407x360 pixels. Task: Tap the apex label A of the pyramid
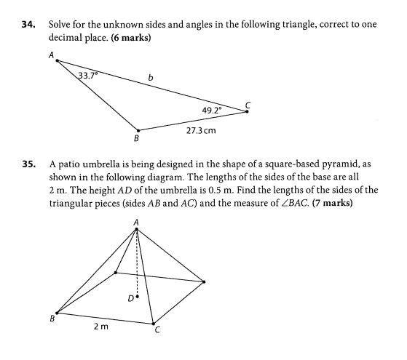137,222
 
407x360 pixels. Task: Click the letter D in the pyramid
129,297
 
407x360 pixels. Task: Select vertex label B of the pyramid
52,318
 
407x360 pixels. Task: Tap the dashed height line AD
137,262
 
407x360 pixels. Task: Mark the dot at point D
137,297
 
